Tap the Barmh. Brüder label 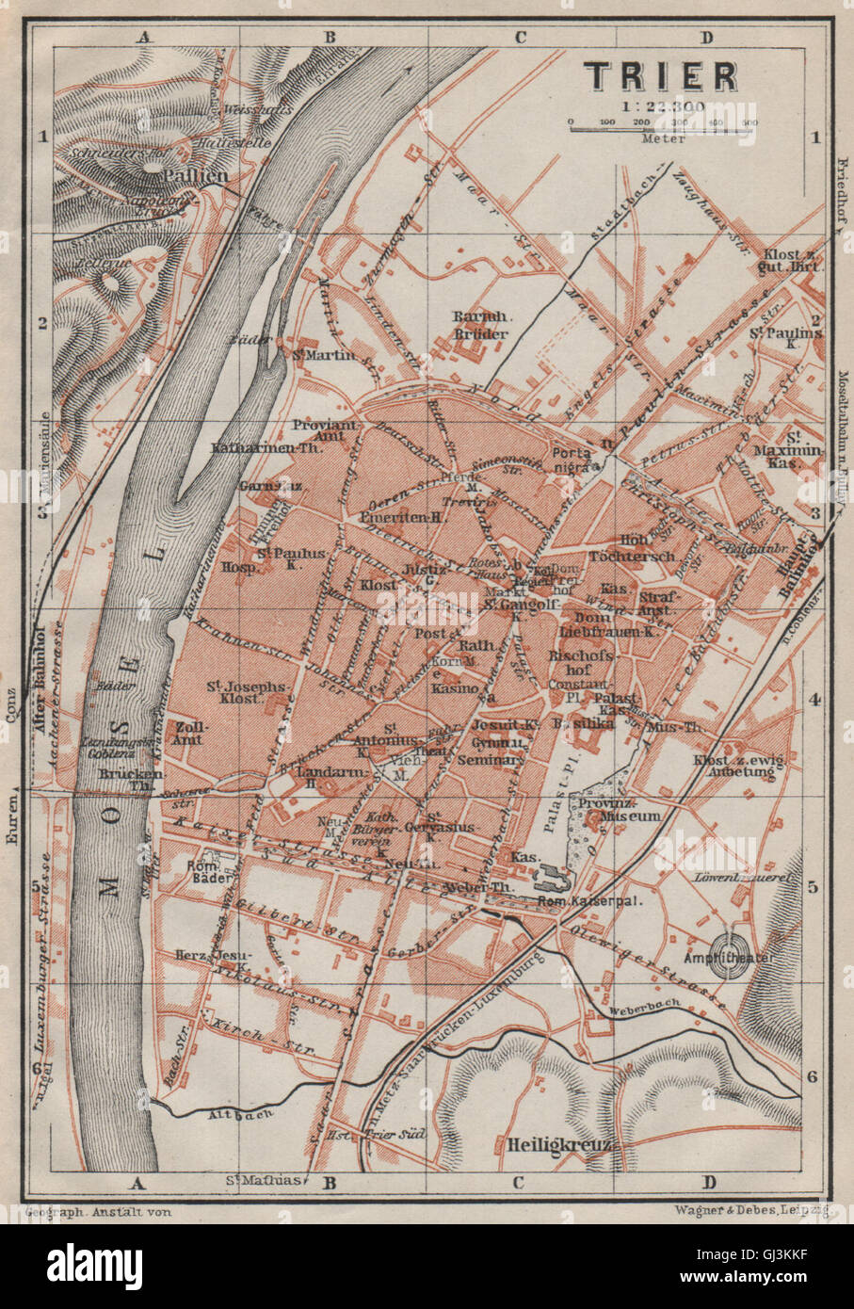(480, 324)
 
